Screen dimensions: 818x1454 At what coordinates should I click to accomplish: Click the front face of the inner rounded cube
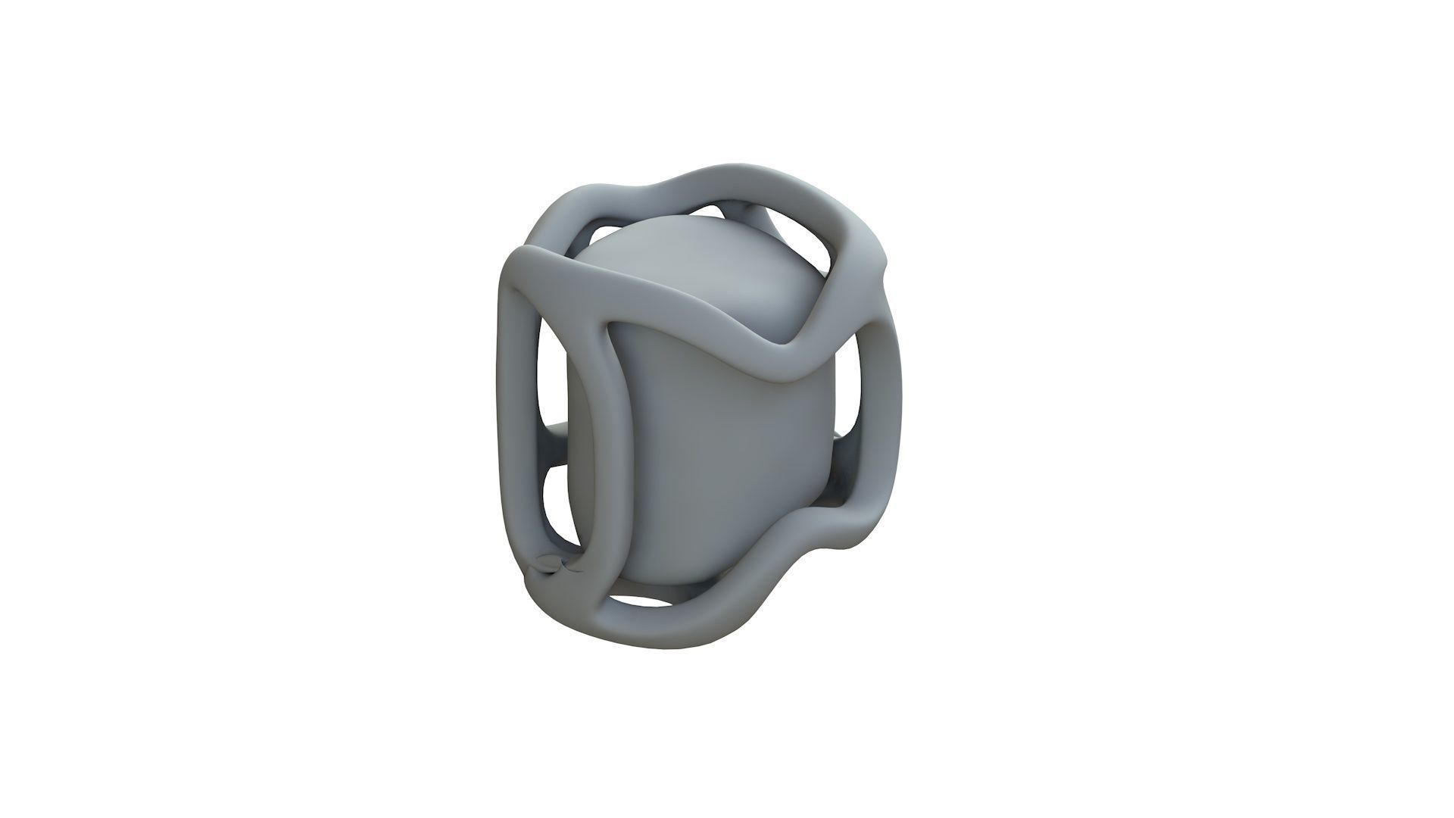point(704,470)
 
